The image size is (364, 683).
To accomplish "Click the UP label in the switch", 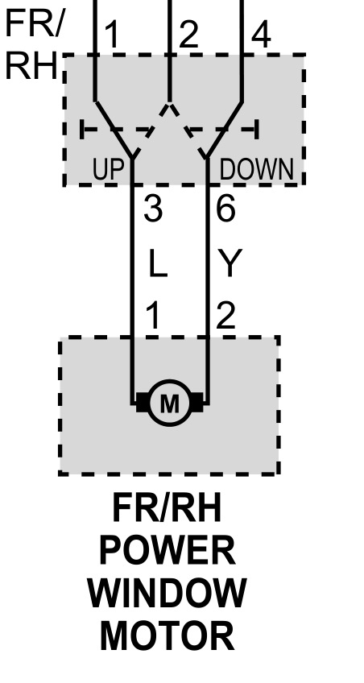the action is tap(108, 170).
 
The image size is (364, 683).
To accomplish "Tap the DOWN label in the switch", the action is tap(256, 170).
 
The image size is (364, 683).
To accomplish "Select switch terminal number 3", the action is tap(153, 209).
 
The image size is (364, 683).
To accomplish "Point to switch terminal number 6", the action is tap(226, 209).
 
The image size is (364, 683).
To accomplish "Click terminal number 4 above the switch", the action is tap(261, 35).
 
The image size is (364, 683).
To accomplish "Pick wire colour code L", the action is tap(158, 263).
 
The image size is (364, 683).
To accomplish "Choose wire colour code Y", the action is tap(230, 263).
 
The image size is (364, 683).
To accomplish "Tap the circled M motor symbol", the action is tap(169, 403).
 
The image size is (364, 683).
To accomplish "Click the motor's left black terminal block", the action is tap(142, 402).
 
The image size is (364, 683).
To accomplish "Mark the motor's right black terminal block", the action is tap(196, 402).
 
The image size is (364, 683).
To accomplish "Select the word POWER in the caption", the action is tap(168, 550).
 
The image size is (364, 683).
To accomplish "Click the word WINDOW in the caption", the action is tap(168, 594).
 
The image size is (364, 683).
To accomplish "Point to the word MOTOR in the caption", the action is tap(168, 636).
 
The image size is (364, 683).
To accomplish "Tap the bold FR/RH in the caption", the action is tap(168, 508).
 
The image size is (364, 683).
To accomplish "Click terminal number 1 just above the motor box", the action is tap(153, 316).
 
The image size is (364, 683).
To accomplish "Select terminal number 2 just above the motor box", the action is tap(226, 316).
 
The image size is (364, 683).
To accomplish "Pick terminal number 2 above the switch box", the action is tap(188, 35).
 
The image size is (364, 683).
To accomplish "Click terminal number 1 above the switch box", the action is tap(112, 35).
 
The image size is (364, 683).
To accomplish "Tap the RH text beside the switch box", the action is tap(31, 66).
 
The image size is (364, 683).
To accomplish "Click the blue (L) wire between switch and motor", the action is tap(132, 261).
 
